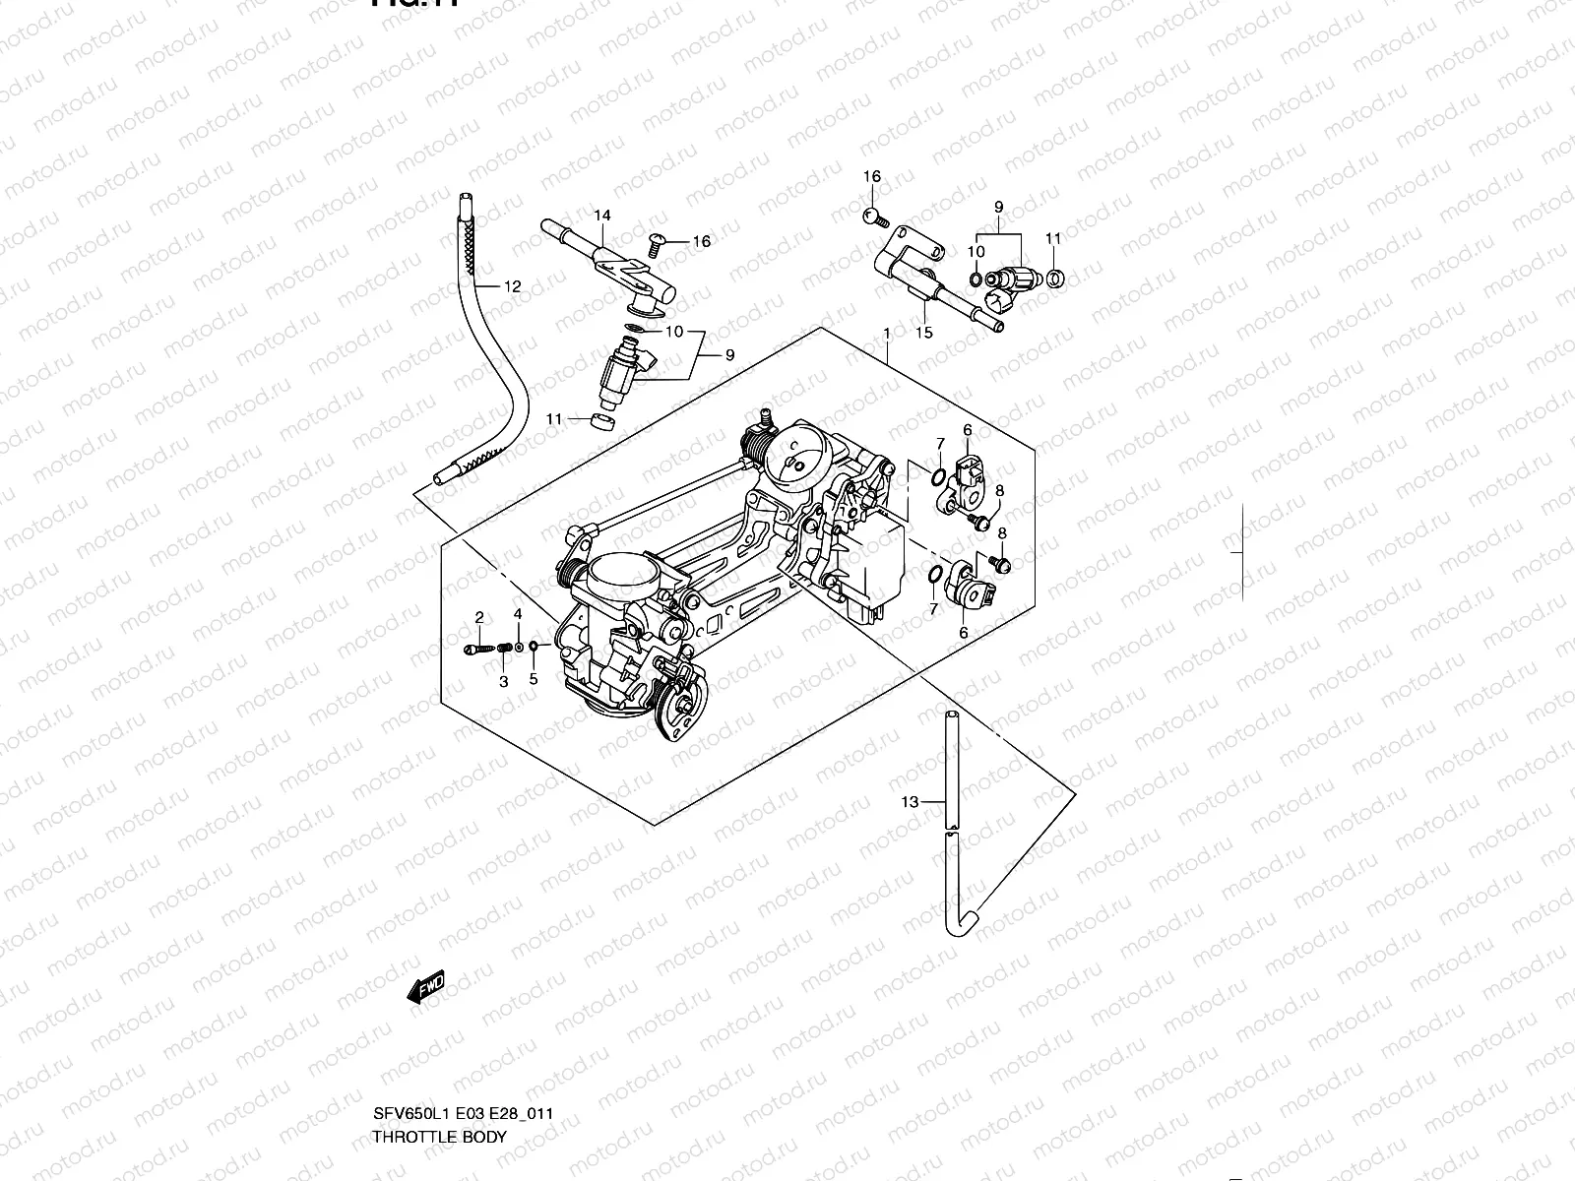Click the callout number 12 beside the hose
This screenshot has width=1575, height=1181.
pyautogui.click(x=512, y=287)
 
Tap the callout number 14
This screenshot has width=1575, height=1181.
pyautogui.click(x=602, y=216)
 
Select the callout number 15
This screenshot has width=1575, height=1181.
pyautogui.click(x=923, y=333)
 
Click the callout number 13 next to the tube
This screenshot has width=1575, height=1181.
pyautogui.click(x=909, y=802)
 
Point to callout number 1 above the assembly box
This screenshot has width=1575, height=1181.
pyautogui.click(x=886, y=335)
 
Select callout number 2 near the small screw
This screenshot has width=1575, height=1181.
pyautogui.click(x=479, y=618)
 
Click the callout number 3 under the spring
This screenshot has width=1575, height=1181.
pyautogui.click(x=503, y=681)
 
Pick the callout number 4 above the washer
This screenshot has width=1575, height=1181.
pyautogui.click(x=518, y=614)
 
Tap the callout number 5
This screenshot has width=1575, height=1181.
pyautogui.click(x=534, y=679)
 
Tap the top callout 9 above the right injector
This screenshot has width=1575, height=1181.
pyautogui.click(x=998, y=208)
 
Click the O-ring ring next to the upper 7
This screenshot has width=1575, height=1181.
pyautogui.click(x=938, y=479)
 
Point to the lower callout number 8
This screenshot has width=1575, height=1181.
pyautogui.click(x=1002, y=534)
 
